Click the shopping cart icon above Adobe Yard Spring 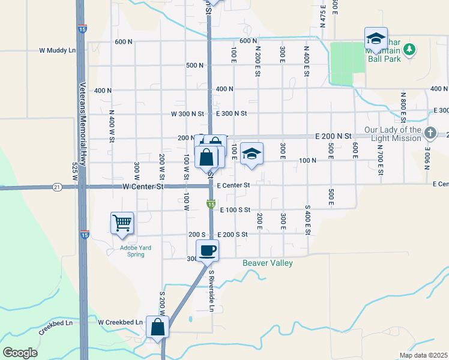pyautogui.click(x=122, y=223)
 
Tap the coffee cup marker pyautogui.click(x=208, y=250)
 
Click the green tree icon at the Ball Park pyautogui.click(x=409, y=49)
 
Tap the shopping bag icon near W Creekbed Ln pyautogui.click(x=157, y=328)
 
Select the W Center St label pyautogui.click(x=143, y=187)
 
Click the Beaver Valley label pyautogui.click(x=268, y=263)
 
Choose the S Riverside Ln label pyautogui.click(x=211, y=291)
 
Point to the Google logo pyautogui.click(x=20, y=353)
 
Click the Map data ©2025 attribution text pyautogui.click(x=423, y=355)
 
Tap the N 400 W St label pyautogui.click(x=112, y=125)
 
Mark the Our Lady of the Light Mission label pyautogui.click(x=393, y=134)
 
